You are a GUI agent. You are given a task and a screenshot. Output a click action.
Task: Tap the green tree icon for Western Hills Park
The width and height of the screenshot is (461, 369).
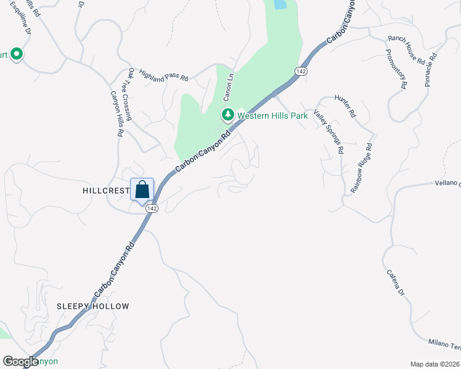[x=227, y=114]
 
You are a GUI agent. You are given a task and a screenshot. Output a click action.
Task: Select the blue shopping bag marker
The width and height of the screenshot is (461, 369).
[x=142, y=190]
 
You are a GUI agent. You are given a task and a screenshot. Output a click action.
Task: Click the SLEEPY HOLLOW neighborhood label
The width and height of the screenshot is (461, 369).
[x=93, y=306]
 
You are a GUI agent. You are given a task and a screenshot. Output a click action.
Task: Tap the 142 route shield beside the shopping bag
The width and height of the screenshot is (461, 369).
[x=151, y=208]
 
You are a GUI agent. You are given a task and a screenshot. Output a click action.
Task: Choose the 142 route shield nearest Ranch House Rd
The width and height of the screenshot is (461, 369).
[x=301, y=71]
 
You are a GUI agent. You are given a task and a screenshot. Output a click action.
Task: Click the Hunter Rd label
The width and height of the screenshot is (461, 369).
[x=346, y=105]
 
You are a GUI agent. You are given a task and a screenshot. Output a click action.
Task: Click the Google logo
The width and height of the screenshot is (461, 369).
[x=20, y=362]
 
